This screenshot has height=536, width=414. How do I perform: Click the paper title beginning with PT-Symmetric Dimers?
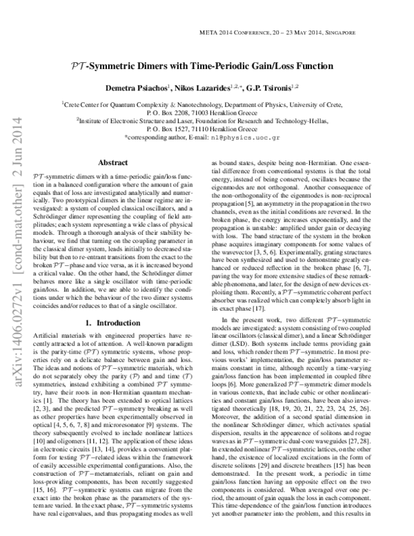point(207,67)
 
